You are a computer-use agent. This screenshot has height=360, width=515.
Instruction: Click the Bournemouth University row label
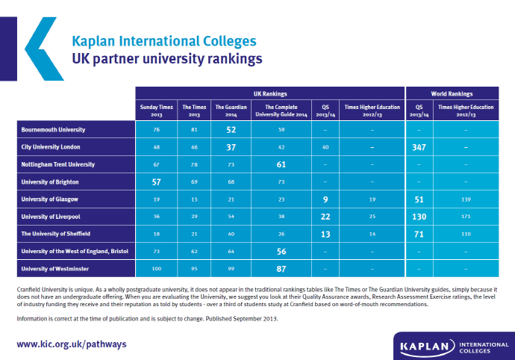pos(54,129)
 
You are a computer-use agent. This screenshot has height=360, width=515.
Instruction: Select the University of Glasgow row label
pos(50,199)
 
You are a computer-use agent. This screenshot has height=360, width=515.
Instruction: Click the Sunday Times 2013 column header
pos(156,111)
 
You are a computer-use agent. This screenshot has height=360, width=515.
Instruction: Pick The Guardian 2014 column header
pos(231,111)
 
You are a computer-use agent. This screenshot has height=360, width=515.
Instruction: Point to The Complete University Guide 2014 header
pos(281,111)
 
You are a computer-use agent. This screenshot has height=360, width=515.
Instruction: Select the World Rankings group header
pos(452,93)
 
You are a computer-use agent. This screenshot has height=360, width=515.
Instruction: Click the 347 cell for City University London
pos(419,147)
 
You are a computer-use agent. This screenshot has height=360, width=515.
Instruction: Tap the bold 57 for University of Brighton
pos(157,181)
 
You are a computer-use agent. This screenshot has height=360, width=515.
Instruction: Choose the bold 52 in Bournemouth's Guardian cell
pos(231,130)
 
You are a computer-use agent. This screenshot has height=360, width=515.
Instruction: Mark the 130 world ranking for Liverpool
pos(419,216)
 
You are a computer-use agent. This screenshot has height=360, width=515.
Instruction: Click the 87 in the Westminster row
pos(281,267)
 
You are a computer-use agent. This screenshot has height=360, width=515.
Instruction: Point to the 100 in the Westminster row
pos(157,267)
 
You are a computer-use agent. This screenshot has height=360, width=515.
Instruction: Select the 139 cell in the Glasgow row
pos(466,199)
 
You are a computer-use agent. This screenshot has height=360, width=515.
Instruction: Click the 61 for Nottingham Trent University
pos(281,164)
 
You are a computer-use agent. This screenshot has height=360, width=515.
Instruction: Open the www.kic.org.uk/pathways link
pos(72,344)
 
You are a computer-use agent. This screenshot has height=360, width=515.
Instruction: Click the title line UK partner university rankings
pos(167,58)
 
